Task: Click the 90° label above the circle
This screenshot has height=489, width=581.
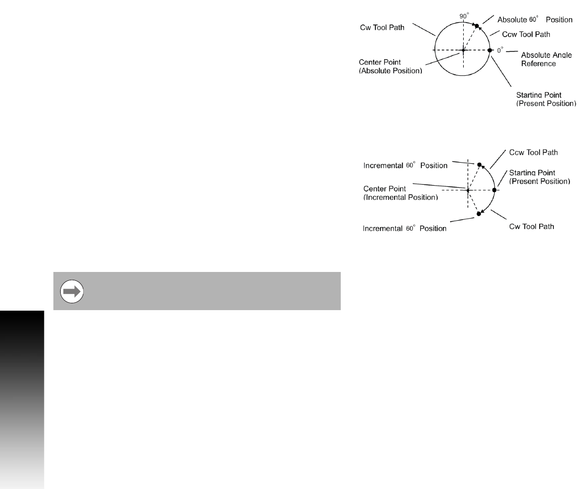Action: (463, 16)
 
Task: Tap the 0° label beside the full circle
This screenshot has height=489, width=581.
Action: (499, 50)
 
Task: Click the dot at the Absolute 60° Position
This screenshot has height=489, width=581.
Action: (477, 26)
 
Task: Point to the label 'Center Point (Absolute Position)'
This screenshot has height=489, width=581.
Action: (390, 66)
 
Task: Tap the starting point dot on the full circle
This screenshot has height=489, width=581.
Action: (490, 50)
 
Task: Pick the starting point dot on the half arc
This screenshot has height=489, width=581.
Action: (494, 190)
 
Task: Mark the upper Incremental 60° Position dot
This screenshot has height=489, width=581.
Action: (479, 164)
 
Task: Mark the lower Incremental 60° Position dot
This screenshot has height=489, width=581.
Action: (479, 214)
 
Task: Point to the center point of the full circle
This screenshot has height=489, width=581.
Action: (463, 51)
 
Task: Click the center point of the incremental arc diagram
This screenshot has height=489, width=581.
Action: (467, 190)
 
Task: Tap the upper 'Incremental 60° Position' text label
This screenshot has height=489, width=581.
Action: (406, 166)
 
